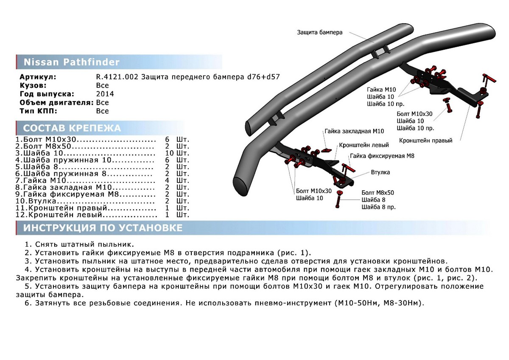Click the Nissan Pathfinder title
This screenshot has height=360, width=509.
point(71,62)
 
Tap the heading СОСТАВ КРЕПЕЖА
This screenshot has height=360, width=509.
point(72,128)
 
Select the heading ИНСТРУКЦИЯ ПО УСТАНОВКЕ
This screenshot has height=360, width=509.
point(103,228)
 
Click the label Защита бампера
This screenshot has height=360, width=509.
point(319,32)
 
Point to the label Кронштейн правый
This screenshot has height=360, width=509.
point(425,140)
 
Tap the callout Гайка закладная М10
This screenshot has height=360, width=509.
point(354,131)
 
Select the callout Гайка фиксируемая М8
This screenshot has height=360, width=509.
point(382,156)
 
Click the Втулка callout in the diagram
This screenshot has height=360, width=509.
point(380,172)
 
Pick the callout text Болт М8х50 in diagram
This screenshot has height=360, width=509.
point(378,192)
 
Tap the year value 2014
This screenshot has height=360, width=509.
point(105,94)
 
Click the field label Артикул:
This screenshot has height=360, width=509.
point(38,77)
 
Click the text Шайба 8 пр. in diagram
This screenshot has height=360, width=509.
point(378,207)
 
